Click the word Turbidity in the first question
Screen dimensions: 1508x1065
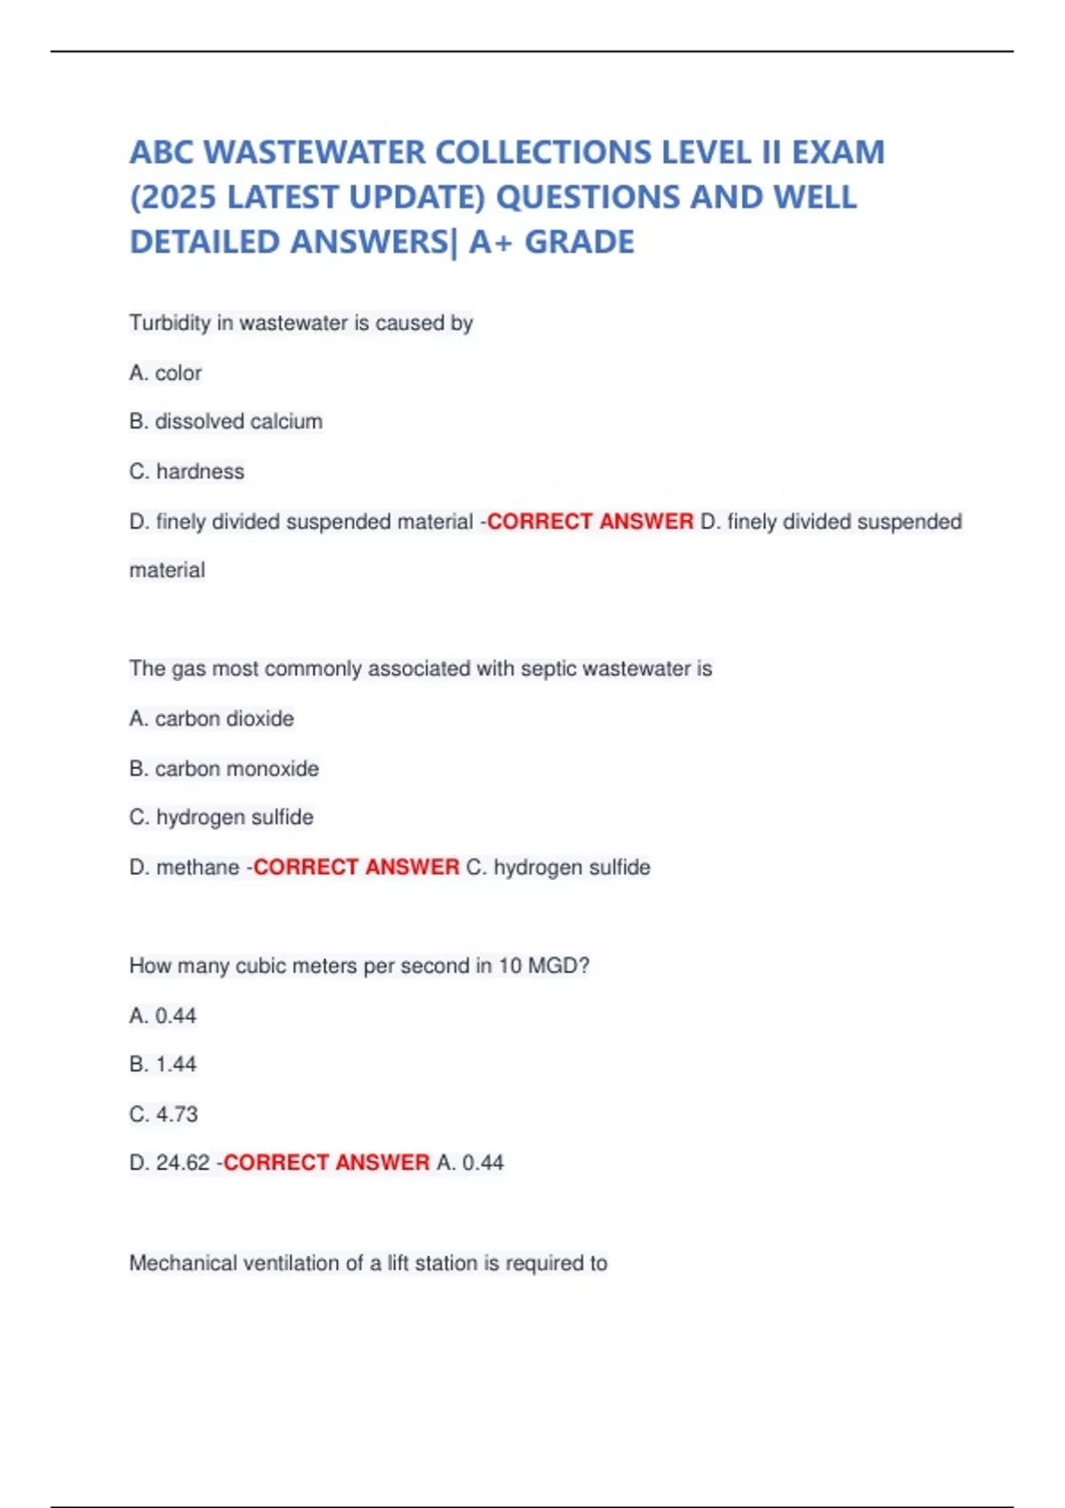tap(170, 323)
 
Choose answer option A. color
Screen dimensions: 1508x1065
tap(165, 373)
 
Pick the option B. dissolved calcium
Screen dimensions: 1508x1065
tap(225, 421)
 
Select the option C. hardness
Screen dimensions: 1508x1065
tap(186, 471)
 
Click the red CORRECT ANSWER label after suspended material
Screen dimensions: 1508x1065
tap(590, 522)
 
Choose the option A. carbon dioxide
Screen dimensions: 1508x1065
tap(211, 719)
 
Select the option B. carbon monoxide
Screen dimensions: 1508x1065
tap(224, 768)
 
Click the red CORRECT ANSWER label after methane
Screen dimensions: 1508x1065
tap(356, 867)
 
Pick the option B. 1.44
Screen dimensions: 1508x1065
tap(162, 1064)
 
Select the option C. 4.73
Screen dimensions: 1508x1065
tap(163, 1114)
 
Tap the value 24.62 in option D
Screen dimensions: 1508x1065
tap(183, 1163)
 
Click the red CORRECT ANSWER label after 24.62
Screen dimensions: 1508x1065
tap(326, 1163)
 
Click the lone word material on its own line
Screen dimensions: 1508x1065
tap(167, 570)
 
